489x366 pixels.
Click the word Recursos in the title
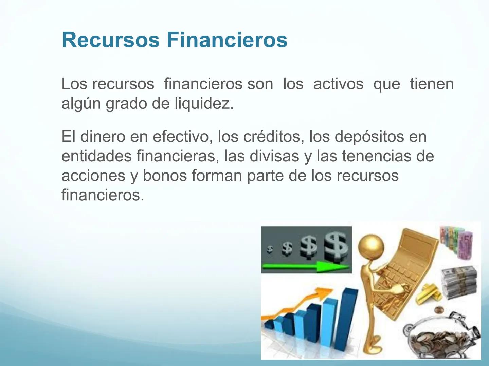coord(111,40)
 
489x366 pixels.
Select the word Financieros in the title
coord(227,40)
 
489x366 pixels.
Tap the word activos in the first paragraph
coord(339,84)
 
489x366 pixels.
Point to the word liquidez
coord(204,104)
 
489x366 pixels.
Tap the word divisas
coord(274,156)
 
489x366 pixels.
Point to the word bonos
coord(165,176)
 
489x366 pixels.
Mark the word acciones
coord(93,176)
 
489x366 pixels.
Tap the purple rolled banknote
coord(465,244)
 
